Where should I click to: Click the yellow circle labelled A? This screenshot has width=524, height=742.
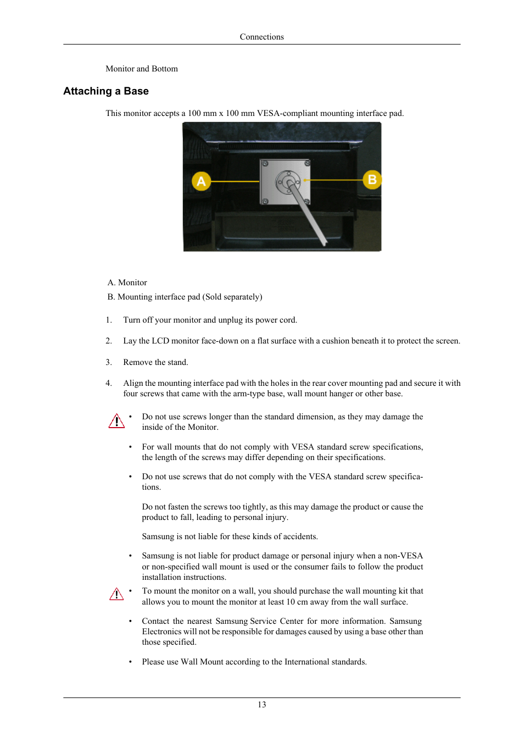pos(201,181)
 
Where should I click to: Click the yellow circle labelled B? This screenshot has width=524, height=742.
pos(372,179)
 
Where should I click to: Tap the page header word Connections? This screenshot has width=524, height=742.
pos(261,37)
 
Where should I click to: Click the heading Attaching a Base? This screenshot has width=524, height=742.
pos(106,91)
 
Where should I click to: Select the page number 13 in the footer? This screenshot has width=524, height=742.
pos(261,705)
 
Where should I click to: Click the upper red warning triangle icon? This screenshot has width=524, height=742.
pos(116,422)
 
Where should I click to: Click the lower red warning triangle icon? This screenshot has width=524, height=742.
pos(116,595)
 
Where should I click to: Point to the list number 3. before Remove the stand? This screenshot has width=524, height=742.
pos(108,362)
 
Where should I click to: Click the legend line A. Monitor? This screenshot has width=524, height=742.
pos(127,283)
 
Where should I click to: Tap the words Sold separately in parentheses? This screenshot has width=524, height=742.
pos(232,297)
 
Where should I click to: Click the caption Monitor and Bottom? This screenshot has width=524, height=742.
pos(142,69)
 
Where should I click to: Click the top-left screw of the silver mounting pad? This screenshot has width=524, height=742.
pos(265,164)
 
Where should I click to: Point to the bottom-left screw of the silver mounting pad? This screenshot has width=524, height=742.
pos(265,202)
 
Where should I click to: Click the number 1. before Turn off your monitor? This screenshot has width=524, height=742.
pos(108,320)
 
